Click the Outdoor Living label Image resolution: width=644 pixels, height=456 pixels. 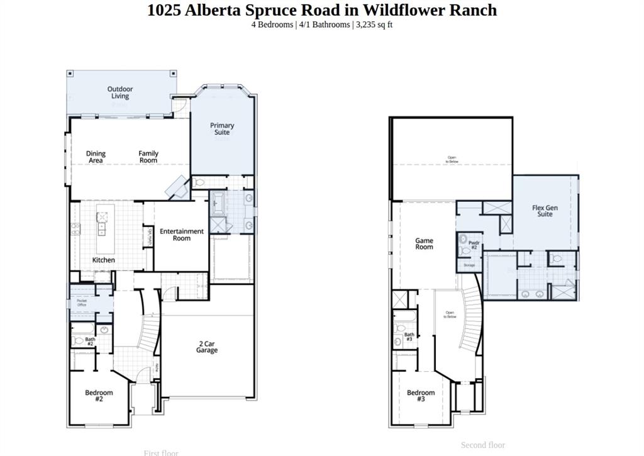tap(119, 92)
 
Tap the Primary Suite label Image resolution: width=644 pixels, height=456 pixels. tap(222, 129)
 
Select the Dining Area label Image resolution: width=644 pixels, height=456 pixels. tap(96, 157)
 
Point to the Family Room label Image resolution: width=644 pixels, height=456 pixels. tap(148, 157)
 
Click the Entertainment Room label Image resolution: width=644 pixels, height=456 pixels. tap(181, 235)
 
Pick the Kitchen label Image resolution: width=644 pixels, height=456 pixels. tap(104, 260)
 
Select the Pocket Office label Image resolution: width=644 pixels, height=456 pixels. tap(82, 303)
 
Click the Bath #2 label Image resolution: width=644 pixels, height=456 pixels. tap(90, 342)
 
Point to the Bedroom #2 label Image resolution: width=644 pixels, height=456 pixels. tap(99, 396)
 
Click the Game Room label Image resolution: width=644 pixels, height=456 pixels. tap(424, 243)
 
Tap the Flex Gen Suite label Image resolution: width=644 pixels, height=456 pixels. tap(545, 211)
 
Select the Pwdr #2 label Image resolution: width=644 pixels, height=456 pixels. tap(474, 245)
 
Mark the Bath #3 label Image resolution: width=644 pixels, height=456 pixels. tap(409, 336)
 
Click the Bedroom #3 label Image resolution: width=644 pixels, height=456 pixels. tap(420, 396)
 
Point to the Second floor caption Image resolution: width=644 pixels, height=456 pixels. tap(482, 445)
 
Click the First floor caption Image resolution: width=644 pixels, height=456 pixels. tap(161, 452)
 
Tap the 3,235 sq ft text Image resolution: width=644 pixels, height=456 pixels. tap(374, 25)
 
